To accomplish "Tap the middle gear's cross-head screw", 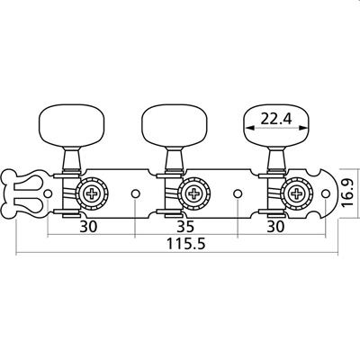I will click(x=193, y=193).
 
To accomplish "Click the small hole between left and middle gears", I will click(x=135, y=193).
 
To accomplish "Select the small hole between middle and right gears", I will click(x=238, y=193).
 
